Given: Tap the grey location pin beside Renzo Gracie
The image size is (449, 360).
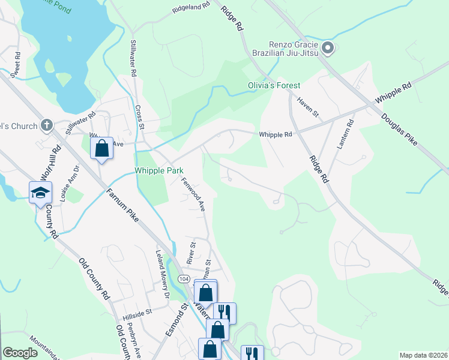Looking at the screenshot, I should click(327, 48).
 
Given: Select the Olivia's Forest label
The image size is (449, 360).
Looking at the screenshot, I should click(274, 86).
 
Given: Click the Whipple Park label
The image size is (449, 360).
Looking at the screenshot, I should click(158, 171).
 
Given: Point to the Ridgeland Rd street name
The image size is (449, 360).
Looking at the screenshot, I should click(191, 8).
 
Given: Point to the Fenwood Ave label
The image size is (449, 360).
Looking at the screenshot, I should click(194, 197).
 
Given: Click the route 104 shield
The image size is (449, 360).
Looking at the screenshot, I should click(184, 280).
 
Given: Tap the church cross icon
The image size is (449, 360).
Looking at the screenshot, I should click(46, 126).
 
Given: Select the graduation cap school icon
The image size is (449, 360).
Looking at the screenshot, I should click(40, 192).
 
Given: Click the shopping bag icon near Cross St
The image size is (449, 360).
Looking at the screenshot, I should click(101, 147).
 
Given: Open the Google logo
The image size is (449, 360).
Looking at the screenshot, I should click(20, 353).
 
